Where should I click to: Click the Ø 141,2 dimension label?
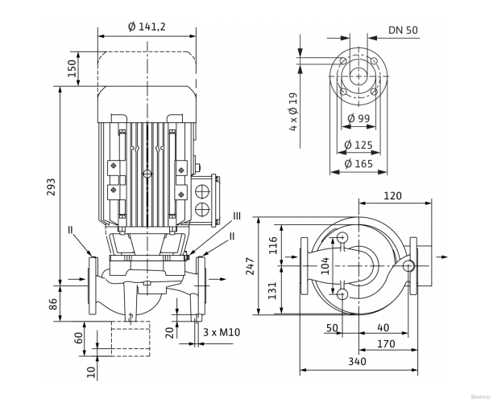147,27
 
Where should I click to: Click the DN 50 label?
403,30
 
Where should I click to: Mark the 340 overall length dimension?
358,362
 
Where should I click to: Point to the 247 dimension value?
251,265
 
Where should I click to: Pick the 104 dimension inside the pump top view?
325,266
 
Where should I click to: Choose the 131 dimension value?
271,289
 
